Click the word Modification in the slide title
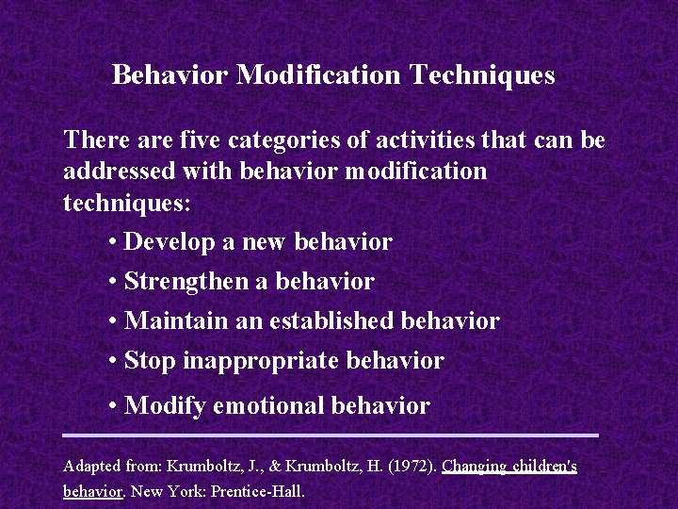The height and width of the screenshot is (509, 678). [319, 74]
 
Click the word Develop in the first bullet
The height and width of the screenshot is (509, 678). [170, 242]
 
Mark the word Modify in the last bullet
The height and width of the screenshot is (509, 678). [165, 406]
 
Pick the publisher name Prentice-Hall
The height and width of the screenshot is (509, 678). [258, 491]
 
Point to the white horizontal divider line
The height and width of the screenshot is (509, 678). [331, 435]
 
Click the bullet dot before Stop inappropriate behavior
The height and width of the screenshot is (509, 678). [112, 361]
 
